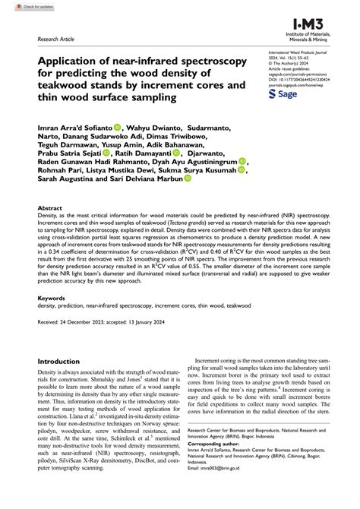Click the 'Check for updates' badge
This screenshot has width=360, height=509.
(22, 5)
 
